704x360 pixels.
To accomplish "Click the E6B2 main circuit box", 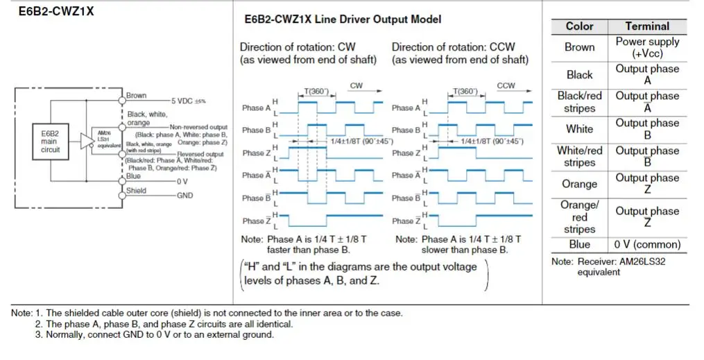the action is [x=51, y=139].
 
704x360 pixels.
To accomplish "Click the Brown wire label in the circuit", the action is [x=136, y=96].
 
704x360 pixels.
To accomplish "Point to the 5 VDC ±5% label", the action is [x=187, y=101].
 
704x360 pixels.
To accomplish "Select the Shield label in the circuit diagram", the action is [x=137, y=190].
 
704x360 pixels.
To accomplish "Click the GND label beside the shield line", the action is [x=185, y=196].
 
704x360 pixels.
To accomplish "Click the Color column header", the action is [x=579, y=26].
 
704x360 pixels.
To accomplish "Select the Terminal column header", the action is [x=646, y=26].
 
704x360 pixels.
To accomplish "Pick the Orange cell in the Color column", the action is [x=579, y=184].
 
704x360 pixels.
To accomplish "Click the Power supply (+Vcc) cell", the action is [x=646, y=47].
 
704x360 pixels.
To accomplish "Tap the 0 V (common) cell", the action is [x=646, y=244].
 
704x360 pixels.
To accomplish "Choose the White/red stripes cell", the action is [x=579, y=156].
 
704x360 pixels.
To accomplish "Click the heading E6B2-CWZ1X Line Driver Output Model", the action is [x=343, y=19].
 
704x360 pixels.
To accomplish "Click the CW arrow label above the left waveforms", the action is [x=356, y=86].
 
